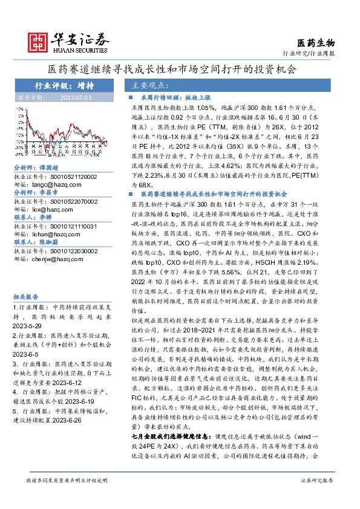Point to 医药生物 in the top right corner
tap(316, 43)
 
